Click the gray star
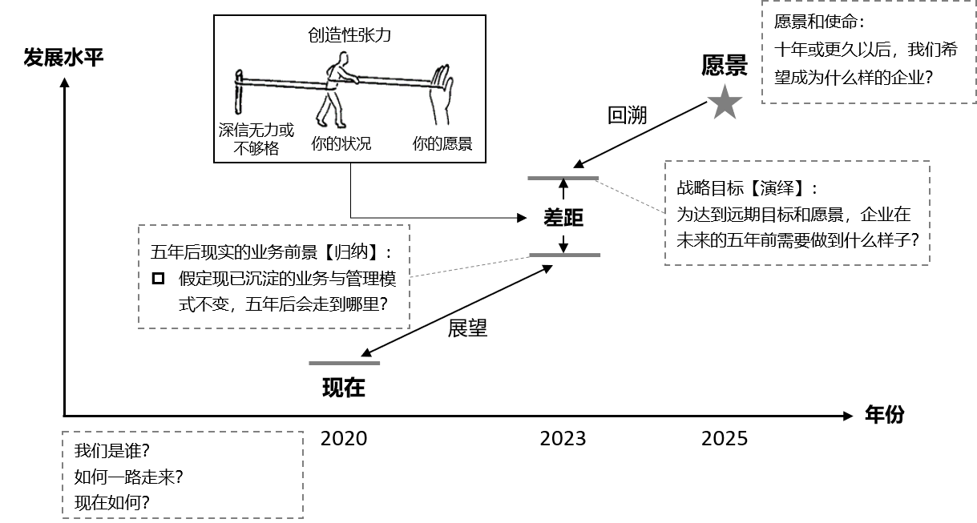[x=725, y=103]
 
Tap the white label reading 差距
[x=563, y=217]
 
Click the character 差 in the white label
[x=553, y=217]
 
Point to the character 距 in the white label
[x=574, y=217]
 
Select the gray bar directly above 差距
[x=563, y=178]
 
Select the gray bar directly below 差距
[x=564, y=255]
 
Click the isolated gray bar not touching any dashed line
[x=345, y=363]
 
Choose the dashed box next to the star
[x=868, y=52]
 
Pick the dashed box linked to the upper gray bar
[x=797, y=213]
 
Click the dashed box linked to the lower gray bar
[x=274, y=276]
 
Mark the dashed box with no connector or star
[x=183, y=475]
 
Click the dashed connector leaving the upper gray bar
[x=632, y=195]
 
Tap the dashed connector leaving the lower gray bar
[x=470, y=267]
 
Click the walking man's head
[x=344, y=58]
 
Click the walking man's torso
[x=333, y=78]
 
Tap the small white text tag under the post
[x=247, y=126]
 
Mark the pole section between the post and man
[x=281, y=82]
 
